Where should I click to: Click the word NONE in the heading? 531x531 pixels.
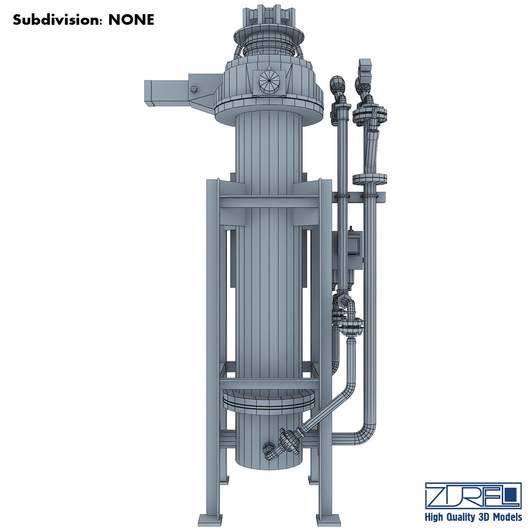(131, 20)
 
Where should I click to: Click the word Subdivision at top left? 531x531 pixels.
(58, 20)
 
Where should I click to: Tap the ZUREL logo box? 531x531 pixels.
(473, 495)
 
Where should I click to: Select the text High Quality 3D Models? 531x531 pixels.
(473, 517)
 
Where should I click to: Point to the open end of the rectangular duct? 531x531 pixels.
(149, 93)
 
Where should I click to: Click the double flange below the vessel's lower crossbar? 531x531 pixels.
(269, 400)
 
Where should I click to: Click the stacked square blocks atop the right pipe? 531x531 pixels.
(366, 69)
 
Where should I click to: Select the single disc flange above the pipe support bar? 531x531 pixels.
(370, 179)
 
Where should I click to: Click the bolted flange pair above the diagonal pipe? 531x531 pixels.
(352, 326)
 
